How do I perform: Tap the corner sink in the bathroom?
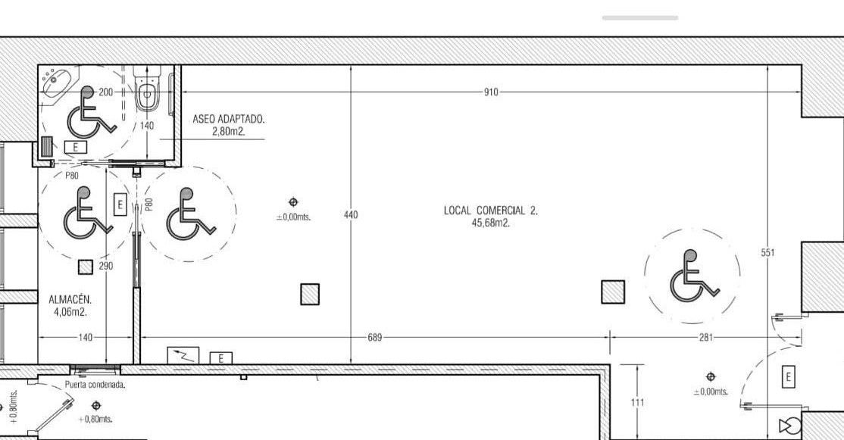[x=57, y=82]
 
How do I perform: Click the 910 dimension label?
[x=491, y=92]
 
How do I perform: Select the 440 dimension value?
[x=351, y=215]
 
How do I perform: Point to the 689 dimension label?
[x=374, y=338]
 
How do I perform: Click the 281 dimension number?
[x=705, y=338]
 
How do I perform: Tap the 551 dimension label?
[x=768, y=252]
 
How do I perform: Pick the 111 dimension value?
[x=637, y=402]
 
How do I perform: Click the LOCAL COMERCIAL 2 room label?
[x=491, y=211]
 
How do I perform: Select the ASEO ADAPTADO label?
[x=229, y=119]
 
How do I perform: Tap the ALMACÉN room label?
[x=70, y=300]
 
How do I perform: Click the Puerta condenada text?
[x=95, y=385]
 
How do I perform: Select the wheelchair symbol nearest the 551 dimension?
[x=693, y=276]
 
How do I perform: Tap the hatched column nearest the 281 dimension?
[x=613, y=292]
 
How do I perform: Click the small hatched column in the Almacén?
[x=85, y=267]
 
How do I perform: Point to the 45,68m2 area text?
[x=490, y=223]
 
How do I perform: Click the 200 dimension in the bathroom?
[x=106, y=92]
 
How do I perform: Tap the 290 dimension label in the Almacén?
[x=106, y=266]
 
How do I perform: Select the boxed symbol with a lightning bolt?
[x=183, y=355]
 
